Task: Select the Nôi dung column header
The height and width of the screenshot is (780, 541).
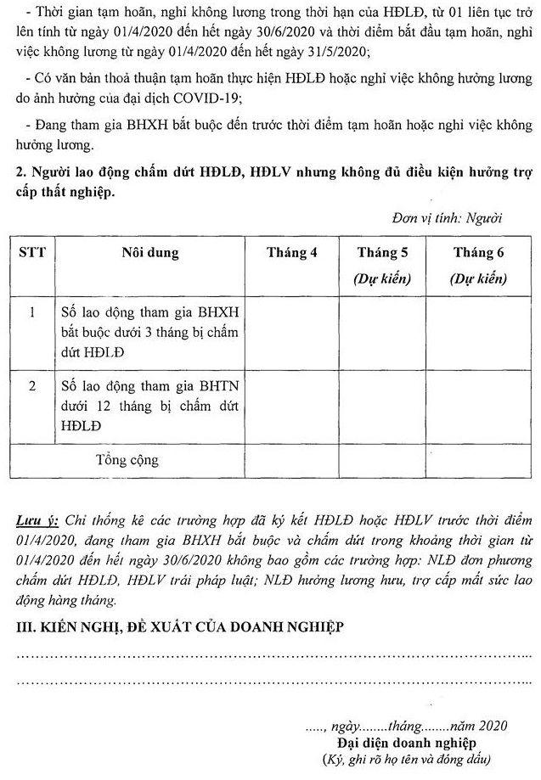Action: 148,252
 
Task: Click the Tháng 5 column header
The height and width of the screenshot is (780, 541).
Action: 382,253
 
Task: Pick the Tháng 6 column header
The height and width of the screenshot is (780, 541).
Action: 478,253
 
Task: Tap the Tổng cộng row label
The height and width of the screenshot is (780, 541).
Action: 128,461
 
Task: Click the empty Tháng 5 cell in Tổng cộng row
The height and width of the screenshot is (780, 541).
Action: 382,461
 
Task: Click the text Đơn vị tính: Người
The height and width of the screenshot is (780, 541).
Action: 448,216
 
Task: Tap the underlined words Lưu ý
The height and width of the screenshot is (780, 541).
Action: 36,519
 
